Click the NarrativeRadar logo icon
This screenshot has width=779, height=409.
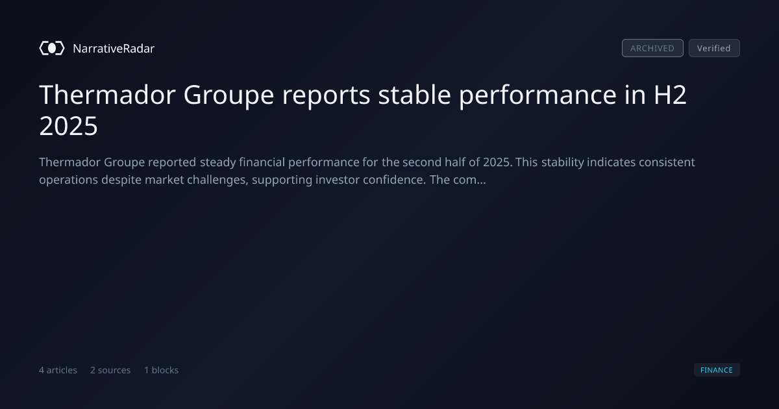[52, 48]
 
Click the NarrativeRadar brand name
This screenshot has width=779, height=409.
[114, 48]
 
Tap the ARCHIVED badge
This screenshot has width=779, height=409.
[652, 48]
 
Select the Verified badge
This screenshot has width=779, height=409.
[714, 48]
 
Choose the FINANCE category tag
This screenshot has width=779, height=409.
[717, 369]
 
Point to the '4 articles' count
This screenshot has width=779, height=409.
[58, 369]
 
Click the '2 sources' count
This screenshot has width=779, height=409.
[110, 369]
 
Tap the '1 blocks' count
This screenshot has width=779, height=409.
[162, 369]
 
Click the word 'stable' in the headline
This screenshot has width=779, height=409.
[415, 95]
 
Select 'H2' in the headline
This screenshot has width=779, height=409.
[670, 95]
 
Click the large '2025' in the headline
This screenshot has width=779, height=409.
[69, 126]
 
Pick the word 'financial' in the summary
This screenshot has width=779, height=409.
[262, 162]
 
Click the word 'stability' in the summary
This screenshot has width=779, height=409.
[563, 162]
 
